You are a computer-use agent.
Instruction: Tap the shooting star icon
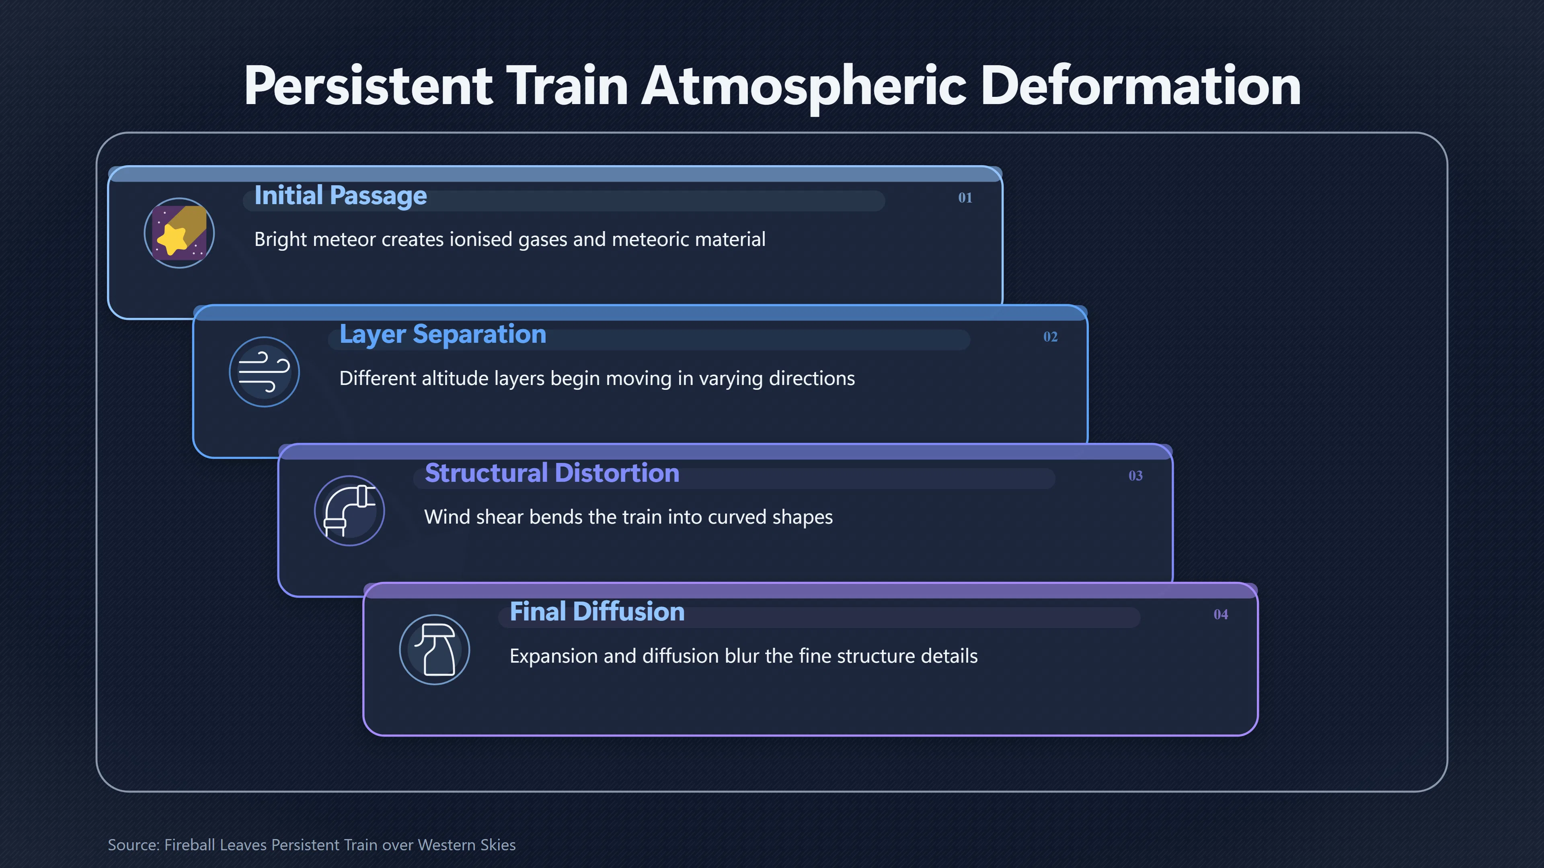(179, 233)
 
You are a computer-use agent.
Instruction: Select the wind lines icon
(264, 372)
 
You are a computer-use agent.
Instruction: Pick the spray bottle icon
(435, 650)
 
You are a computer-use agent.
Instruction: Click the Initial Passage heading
(341, 196)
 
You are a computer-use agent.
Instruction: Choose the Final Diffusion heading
(597, 612)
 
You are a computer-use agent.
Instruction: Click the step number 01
(965, 198)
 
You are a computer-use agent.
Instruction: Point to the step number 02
(1050, 337)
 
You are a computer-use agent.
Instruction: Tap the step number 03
(1135, 476)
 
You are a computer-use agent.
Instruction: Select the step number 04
(1220, 614)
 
